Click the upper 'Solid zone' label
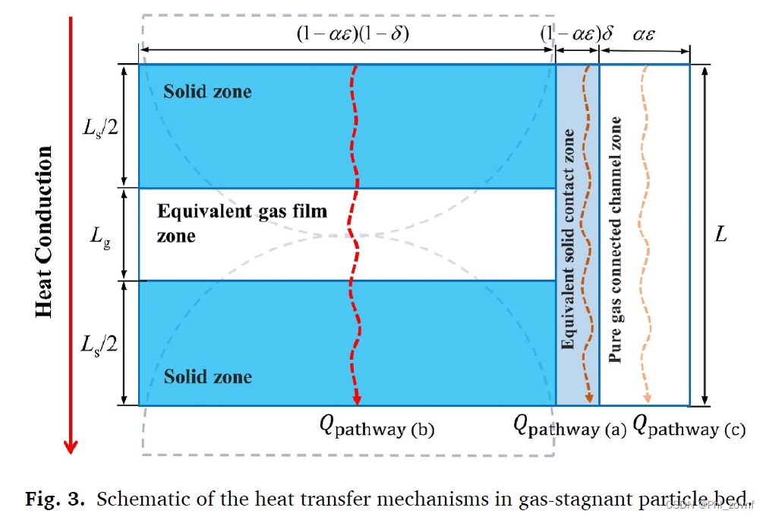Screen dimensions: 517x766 pyautogui.click(x=207, y=92)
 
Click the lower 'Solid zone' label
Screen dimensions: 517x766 pyautogui.click(x=208, y=377)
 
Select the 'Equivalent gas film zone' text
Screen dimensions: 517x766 pyautogui.click(x=241, y=223)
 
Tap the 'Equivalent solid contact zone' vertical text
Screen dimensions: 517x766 pyautogui.click(x=568, y=239)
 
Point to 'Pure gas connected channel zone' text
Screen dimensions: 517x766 pyautogui.click(x=616, y=239)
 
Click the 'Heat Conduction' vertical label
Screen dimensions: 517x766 pyautogui.click(x=44, y=232)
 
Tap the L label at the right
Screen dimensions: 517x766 pyautogui.click(x=720, y=235)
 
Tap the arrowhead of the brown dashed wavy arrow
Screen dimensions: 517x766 pyautogui.click(x=590, y=398)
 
